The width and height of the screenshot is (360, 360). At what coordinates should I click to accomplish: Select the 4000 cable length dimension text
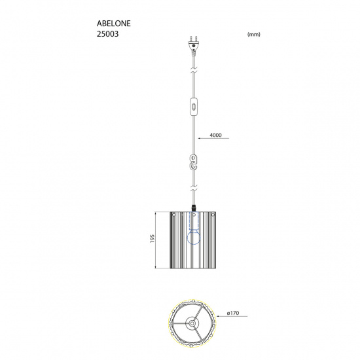pos(217,135)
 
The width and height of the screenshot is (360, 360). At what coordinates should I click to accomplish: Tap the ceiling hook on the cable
pos(193,163)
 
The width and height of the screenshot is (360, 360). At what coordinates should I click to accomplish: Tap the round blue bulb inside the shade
pos(193,240)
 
